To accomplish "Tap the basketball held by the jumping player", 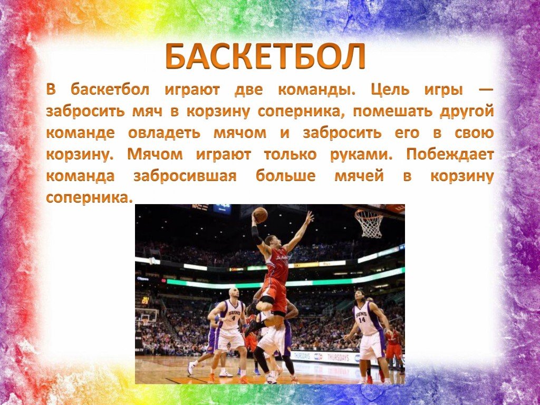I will [260, 215].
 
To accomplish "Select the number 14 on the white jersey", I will [362, 320].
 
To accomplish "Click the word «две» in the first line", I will [248, 90].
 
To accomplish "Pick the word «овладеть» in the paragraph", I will [164, 133].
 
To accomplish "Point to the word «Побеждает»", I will [450, 155].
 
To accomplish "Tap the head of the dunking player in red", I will [273, 242].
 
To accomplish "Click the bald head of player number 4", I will [234, 293].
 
